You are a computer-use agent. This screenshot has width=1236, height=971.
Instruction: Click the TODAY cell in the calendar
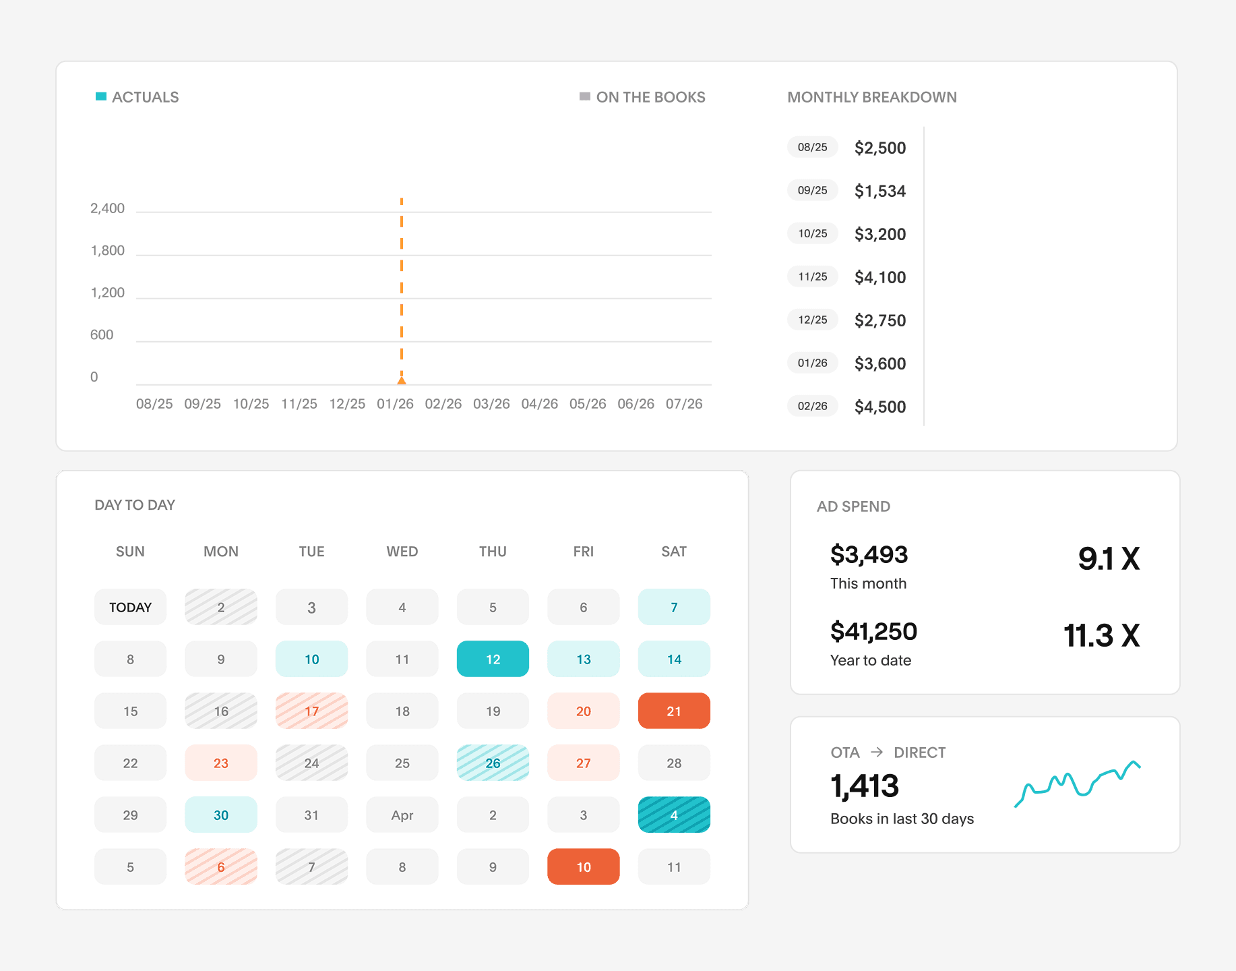[x=130, y=607]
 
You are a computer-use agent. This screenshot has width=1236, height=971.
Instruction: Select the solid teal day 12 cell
[x=493, y=659]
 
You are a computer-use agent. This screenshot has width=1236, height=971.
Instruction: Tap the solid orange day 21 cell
[x=674, y=711]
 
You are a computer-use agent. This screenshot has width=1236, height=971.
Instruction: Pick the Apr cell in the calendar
[x=402, y=815]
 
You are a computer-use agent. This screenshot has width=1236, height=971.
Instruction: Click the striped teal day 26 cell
[x=493, y=763]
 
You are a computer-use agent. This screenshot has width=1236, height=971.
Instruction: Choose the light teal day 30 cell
[x=221, y=815]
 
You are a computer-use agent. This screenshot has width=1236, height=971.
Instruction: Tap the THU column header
[x=493, y=552]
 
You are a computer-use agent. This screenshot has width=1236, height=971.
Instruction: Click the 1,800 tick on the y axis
[x=108, y=251]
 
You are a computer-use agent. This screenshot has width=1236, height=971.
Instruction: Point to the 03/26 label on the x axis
[x=491, y=404]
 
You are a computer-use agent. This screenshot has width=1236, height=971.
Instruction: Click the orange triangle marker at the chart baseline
[x=402, y=380]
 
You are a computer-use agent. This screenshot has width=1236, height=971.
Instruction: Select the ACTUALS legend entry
[x=137, y=97]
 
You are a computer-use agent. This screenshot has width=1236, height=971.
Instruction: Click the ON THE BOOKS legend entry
[x=642, y=97]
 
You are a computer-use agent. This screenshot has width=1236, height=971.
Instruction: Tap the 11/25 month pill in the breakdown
[x=813, y=276]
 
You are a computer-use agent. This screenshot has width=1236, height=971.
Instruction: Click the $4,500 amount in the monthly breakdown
[x=880, y=407]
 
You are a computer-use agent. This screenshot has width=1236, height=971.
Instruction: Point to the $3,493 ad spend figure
[x=869, y=555]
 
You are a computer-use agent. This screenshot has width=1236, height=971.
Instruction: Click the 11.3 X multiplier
[x=1101, y=635]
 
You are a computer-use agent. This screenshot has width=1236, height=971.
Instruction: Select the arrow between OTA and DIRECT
[x=877, y=752]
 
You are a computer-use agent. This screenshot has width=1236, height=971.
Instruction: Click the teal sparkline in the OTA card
[x=1077, y=784]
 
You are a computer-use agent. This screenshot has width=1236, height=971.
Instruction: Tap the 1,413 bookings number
[x=865, y=786]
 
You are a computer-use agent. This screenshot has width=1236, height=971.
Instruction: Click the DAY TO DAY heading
[x=135, y=505]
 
